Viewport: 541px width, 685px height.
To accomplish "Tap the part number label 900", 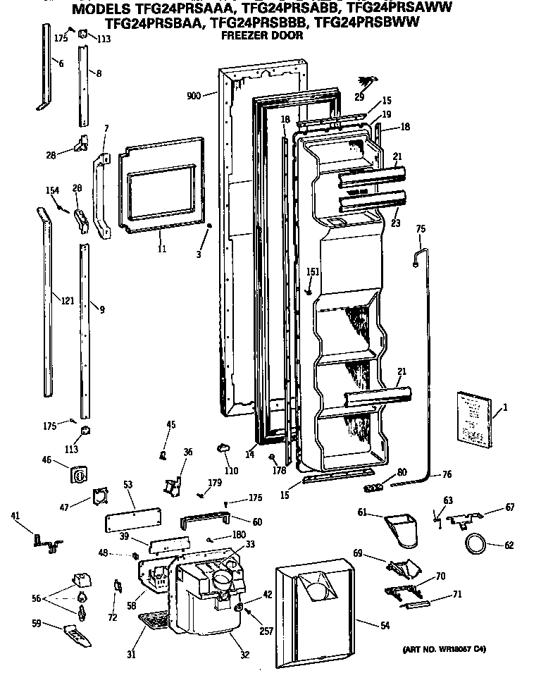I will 194,95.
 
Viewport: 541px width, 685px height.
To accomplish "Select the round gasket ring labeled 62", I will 475,543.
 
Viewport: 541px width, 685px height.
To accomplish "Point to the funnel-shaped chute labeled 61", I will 402,529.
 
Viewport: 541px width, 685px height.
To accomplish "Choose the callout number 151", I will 313,272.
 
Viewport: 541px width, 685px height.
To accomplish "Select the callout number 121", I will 68,301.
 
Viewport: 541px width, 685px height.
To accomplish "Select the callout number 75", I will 421,228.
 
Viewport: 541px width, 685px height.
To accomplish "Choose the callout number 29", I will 359,97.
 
